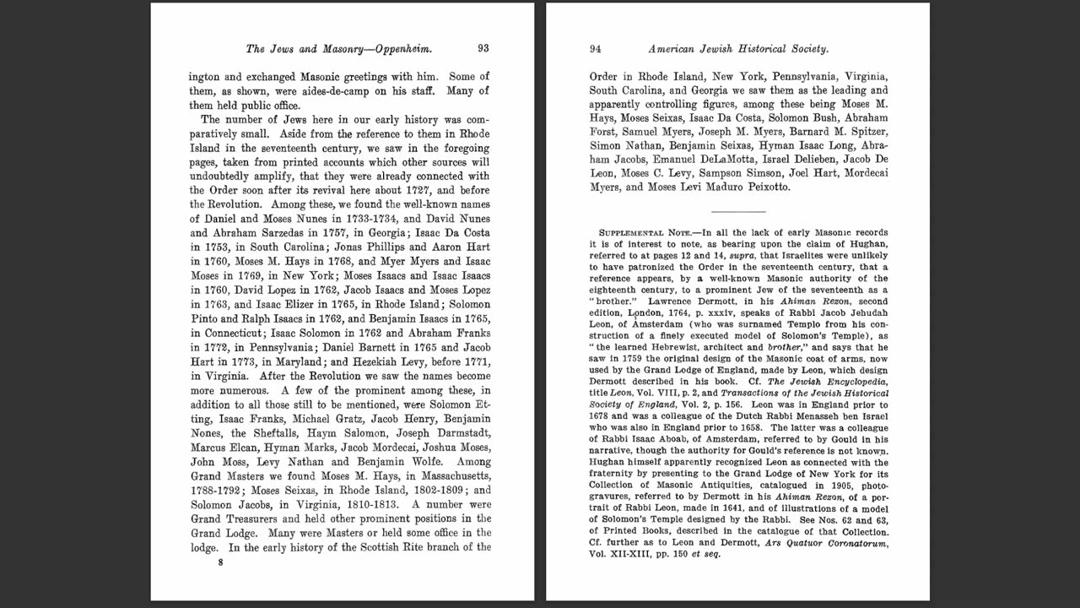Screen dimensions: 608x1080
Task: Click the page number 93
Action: click(x=483, y=49)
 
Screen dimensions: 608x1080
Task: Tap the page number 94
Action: click(x=595, y=49)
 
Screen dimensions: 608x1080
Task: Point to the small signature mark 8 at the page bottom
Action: click(x=220, y=562)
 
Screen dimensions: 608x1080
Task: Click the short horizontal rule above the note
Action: click(x=738, y=211)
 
